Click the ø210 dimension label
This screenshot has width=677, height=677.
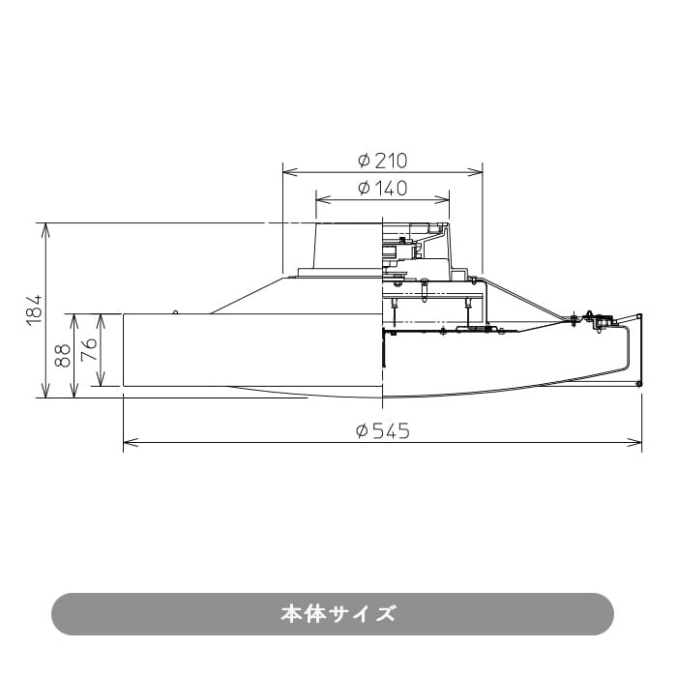click(x=382, y=161)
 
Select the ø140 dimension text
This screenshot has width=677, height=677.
click(x=382, y=189)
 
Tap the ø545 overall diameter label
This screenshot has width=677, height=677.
click(x=382, y=431)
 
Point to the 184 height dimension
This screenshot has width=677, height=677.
click(x=34, y=309)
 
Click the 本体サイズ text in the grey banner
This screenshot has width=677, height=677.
click(x=338, y=614)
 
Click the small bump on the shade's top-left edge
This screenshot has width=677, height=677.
click(x=174, y=311)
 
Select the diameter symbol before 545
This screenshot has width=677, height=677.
click(x=362, y=431)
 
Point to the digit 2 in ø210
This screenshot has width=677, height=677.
click(x=378, y=161)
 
